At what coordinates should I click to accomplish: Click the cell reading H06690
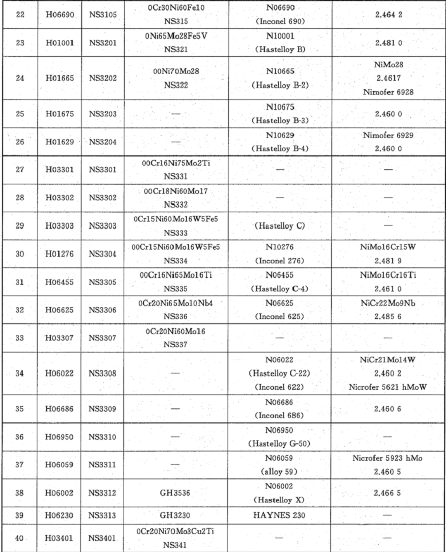(x=60, y=15)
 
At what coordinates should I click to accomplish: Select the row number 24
(x=20, y=78)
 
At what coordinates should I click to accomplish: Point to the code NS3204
(x=103, y=142)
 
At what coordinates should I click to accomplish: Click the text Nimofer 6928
(x=388, y=92)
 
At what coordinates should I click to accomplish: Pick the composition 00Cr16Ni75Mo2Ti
(x=176, y=163)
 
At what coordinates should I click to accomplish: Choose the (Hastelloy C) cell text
(x=280, y=226)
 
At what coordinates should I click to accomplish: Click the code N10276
(x=280, y=247)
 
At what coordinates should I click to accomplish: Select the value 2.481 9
(x=388, y=261)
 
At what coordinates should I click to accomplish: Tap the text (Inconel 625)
(x=280, y=317)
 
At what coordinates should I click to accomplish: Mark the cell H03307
(x=59, y=338)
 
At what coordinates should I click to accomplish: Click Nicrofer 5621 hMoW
(x=387, y=387)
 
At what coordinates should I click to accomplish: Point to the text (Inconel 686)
(x=280, y=415)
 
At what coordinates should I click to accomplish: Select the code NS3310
(x=102, y=437)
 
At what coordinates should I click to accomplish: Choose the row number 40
(x=19, y=538)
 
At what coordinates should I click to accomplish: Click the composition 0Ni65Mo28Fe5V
(x=176, y=36)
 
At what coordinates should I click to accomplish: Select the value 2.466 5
(x=387, y=493)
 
